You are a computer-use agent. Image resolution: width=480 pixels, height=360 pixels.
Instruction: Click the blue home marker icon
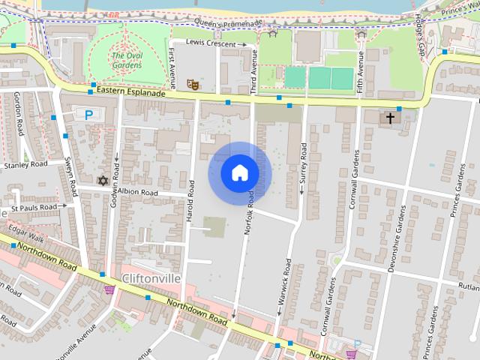[x=240, y=173]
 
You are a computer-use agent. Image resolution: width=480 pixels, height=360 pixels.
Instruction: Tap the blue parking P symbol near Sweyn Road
[x=89, y=115]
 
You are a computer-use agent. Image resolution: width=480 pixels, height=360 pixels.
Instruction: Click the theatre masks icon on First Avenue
[x=193, y=85]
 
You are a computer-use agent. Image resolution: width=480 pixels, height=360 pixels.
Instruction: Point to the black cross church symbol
[x=390, y=118]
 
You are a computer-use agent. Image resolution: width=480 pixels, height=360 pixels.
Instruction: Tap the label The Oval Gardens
[x=126, y=60]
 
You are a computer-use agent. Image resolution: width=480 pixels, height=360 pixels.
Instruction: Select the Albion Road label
[x=139, y=193]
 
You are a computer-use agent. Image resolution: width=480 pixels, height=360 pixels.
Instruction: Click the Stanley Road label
[x=25, y=164]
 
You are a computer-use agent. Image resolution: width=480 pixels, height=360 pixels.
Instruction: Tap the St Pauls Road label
[x=34, y=207]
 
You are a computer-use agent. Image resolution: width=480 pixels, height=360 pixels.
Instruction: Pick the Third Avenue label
[x=253, y=71]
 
